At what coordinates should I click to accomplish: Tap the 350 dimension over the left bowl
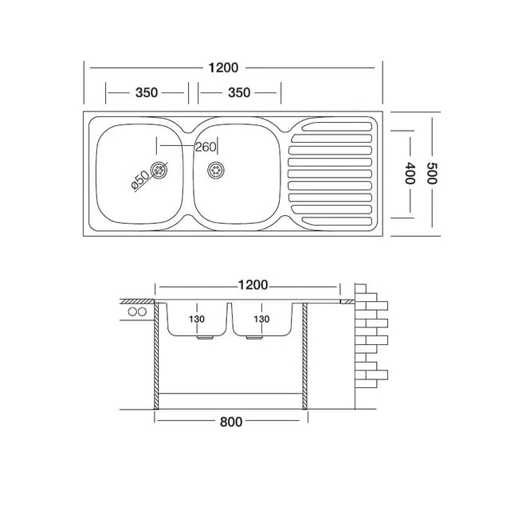point(146,92)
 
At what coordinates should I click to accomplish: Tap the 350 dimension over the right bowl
point(239,92)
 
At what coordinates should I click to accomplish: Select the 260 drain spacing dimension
point(205,147)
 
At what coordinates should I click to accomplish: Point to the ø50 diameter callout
point(139,179)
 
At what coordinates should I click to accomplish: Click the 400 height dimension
point(410,174)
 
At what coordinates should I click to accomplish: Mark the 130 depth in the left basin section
point(196,319)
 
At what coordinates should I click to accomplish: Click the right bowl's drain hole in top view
point(216,169)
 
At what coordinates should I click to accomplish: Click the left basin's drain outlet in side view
point(205,338)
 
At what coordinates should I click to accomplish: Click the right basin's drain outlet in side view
point(255,338)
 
